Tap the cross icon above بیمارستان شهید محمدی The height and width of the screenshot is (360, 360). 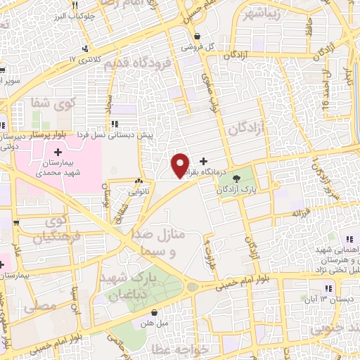click(x=58, y=152)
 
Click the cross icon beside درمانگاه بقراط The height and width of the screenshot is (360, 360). click(x=204, y=161)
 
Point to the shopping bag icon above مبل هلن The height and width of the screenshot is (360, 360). click(x=162, y=309)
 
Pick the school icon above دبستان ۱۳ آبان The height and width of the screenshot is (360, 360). click(x=328, y=288)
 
